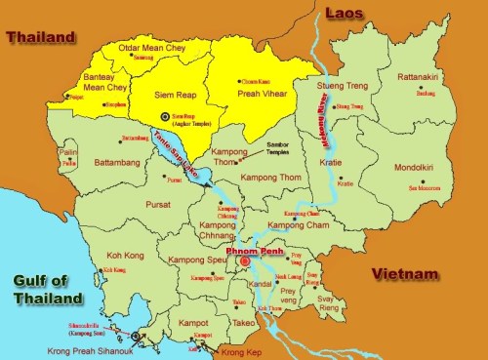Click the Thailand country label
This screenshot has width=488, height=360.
[40, 37]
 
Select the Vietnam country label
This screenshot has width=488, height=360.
[404, 275]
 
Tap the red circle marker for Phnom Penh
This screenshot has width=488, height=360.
[245, 261]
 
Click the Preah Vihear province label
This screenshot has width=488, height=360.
[265, 95]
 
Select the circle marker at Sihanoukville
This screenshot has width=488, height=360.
[136, 336]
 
